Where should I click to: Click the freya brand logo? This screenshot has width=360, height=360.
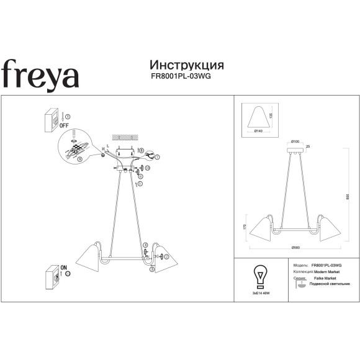click(39, 74)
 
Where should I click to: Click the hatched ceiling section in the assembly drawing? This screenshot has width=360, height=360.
click(124, 137)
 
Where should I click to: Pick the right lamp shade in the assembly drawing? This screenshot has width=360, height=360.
click(164, 258)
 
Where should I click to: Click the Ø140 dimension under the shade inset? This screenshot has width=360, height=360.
click(259, 131)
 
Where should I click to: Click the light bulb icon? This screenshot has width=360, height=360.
click(260, 274)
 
